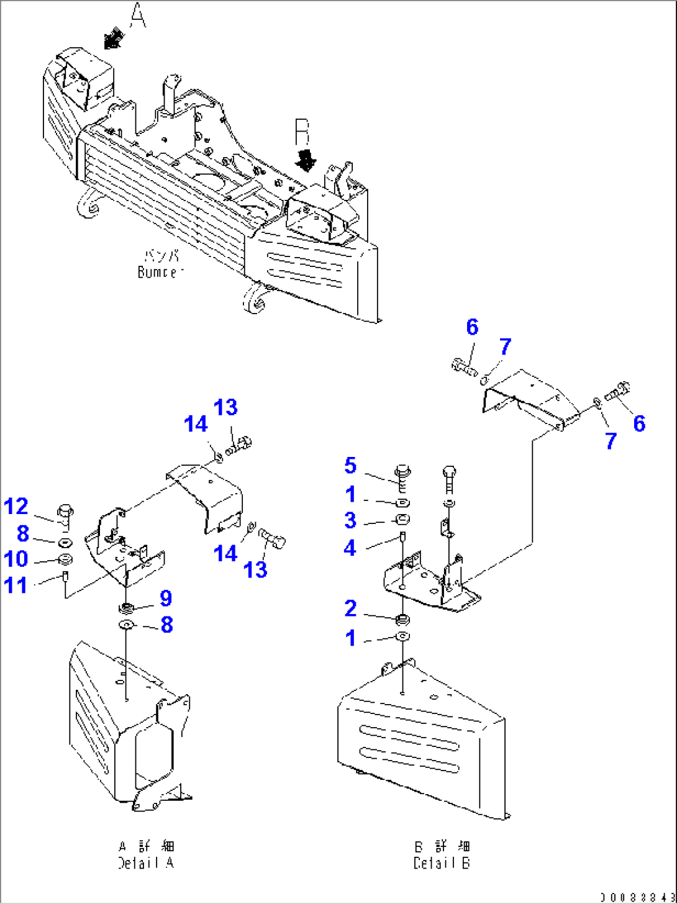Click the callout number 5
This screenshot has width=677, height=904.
pyautogui.click(x=350, y=466)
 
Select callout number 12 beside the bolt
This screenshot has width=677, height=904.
pyautogui.click(x=16, y=507)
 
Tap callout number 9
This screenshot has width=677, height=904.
pyautogui.click(x=166, y=599)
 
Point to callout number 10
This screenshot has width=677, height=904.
pyautogui.click(x=16, y=559)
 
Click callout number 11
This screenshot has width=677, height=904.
pyautogui.click(x=16, y=585)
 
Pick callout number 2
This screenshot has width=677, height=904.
pyautogui.click(x=350, y=608)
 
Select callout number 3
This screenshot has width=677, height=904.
pyautogui.click(x=350, y=520)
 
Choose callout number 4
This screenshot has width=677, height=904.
pyautogui.click(x=350, y=548)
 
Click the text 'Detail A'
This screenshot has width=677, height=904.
pyautogui.click(x=146, y=863)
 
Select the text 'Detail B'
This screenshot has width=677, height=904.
pyautogui.click(x=442, y=863)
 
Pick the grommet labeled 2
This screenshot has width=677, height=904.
pyautogui.click(x=402, y=619)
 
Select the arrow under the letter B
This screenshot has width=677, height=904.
pyautogui.click(x=306, y=160)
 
